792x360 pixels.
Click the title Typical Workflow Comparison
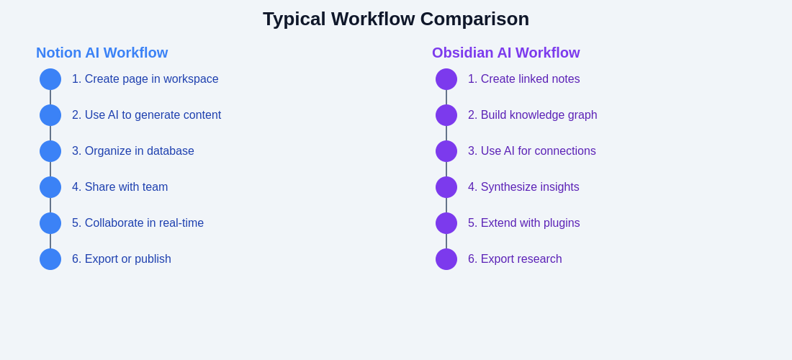pos(396,19)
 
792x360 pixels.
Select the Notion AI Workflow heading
pos(102,53)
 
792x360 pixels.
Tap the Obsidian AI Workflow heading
pos(505,53)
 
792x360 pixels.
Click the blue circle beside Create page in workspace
pos(50,79)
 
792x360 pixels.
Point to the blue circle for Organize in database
pos(50,151)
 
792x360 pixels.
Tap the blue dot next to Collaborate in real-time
pos(50,223)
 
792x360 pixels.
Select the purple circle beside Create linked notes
pos(446,79)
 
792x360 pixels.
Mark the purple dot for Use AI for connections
pos(446,151)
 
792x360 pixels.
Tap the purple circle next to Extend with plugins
pos(446,223)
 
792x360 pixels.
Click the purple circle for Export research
pos(446,259)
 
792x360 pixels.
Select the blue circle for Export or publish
pos(50,259)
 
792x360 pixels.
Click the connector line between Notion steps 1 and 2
pos(50,97)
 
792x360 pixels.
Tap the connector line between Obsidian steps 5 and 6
pos(446,241)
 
